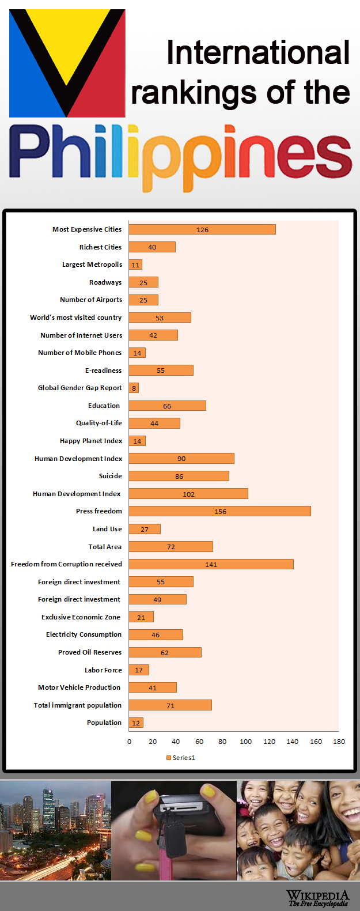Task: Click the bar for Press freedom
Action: [x=219, y=511]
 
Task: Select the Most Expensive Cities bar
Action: [x=202, y=229]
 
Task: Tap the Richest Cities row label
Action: [x=100, y=247]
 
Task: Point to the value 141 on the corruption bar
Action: [x=211, y=565]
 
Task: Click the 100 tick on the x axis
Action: [x=246, y=742]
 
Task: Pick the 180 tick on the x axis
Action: [x=339, y=742]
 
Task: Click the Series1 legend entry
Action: [x=181, y=758]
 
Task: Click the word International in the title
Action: [x=257, y=53]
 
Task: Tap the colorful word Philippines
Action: [x=180, y=154]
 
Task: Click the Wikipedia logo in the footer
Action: [x=318, y=898]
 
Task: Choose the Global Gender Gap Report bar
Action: [x=134, y=388]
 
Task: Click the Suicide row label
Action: [x=110, y=476]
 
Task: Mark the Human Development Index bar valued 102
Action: [x=188, y=494]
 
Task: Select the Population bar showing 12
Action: [x=136, y=723]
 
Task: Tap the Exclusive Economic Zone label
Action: [x=81, y=617]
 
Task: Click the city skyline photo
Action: [x=55, y=830]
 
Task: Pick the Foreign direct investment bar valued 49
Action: [x=157, y=599]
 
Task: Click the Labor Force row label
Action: [x=103, y=670]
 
